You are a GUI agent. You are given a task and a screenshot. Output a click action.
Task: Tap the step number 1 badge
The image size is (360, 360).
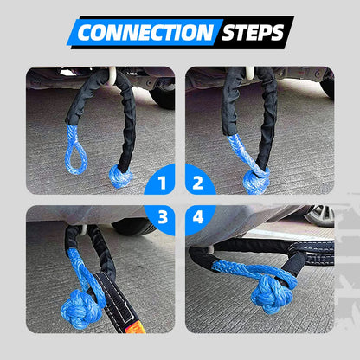point(157,183)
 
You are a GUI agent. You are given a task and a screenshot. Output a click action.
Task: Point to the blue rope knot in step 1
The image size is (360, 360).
point(119,177)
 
